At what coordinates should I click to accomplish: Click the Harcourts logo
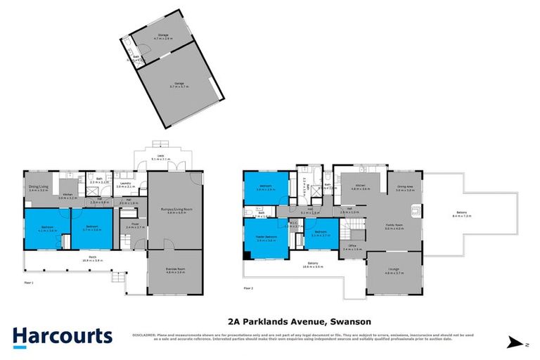pos(62,336)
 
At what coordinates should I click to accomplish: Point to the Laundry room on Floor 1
pos(127,185)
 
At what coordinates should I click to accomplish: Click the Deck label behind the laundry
pos(163,157)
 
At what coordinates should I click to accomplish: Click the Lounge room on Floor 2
pos(394,271)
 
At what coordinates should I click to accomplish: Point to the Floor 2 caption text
pos(248,288)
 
